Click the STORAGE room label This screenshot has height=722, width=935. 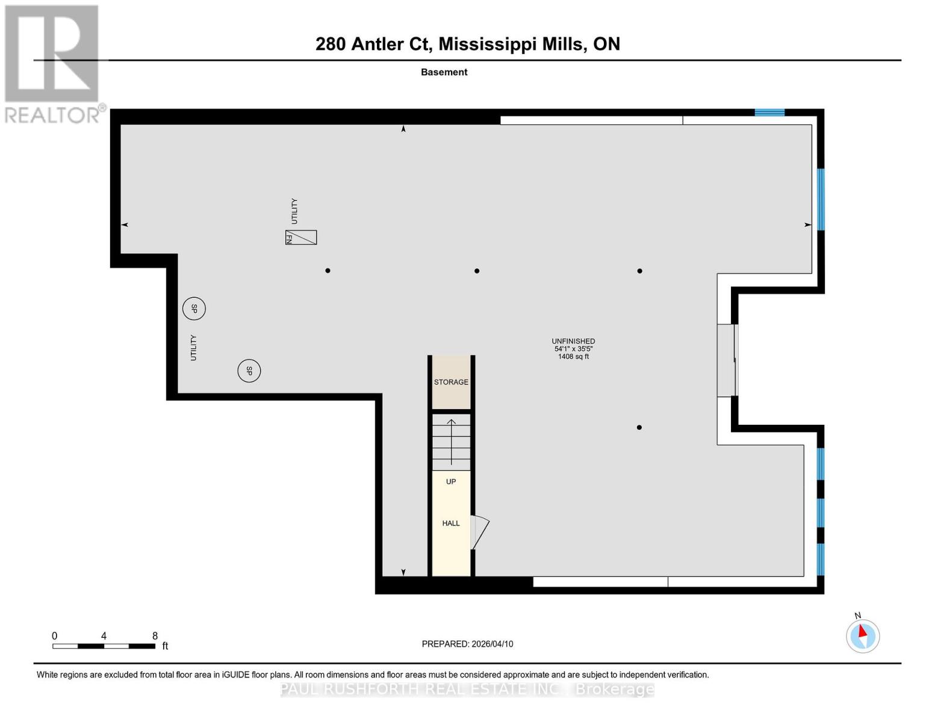coord(451,382)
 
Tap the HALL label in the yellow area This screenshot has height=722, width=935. coord(451,523)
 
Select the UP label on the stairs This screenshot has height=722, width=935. coord(451,481)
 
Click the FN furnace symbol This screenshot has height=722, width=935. coord(301,238)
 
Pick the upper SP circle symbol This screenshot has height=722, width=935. coord(194,309)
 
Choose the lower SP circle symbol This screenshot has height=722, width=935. coord(249,371)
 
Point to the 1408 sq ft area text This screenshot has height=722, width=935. coord(573,357)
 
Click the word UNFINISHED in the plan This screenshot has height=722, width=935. coord(573,341)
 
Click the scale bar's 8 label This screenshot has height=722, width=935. coord(155,636)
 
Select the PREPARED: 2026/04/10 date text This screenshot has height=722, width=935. coord(467,644)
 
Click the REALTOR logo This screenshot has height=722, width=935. coord(53,63)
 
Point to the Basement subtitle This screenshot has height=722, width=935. coord(444,72)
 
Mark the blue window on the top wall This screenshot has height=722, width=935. coord(769,113)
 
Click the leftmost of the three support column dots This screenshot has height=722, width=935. coord(328,271)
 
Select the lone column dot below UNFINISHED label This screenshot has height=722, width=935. coord(639,427)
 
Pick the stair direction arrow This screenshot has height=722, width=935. coord(451,442)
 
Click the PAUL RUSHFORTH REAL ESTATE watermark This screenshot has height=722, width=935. coord(467,689)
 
